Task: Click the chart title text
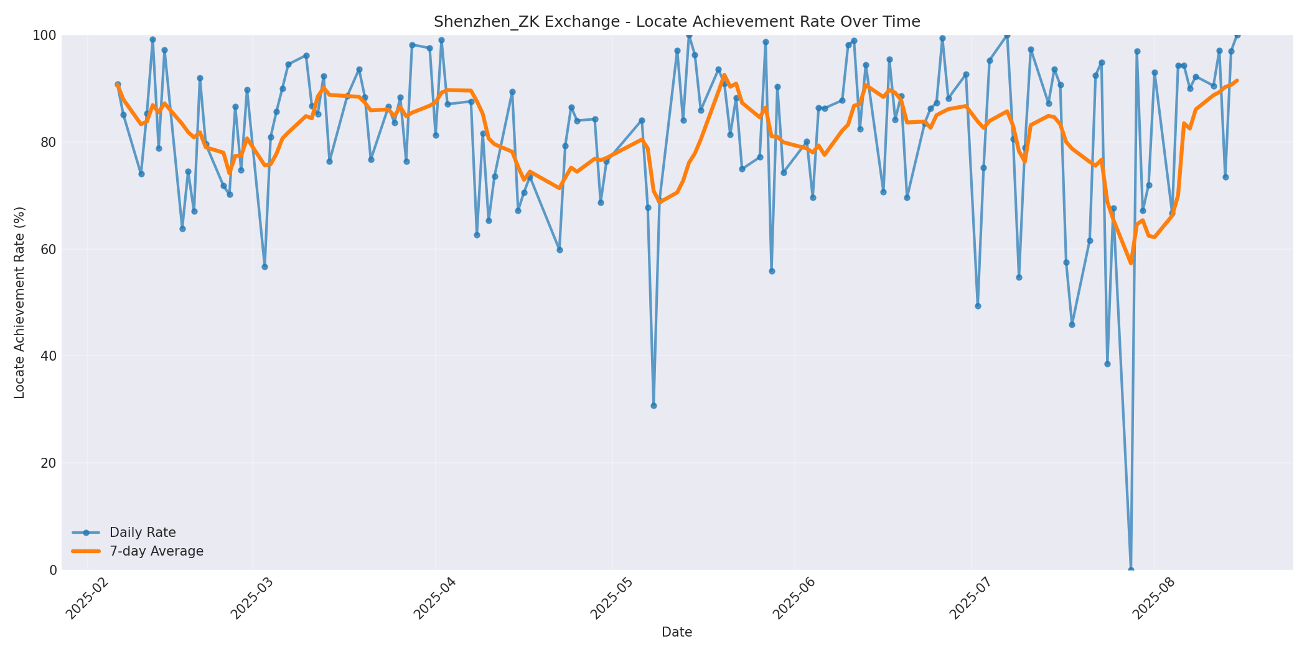click(677, 22)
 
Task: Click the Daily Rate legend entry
click(143, 533)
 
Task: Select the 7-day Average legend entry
click(156, 551)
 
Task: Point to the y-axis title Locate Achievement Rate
click(19, 302)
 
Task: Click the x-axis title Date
click(677, 632)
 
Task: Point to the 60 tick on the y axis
click(49, 249)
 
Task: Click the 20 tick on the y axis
click(49, 463)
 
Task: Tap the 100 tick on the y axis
click(45, 36)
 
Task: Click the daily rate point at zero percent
click(1131, 569)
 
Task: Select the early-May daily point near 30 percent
click(653, 405)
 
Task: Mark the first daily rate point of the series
click(118, 84)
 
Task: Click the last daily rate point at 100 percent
click(1237, 35)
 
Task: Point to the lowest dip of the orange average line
click(1131, 263)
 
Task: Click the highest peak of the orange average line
click(724, 75)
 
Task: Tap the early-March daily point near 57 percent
click(265, 267)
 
